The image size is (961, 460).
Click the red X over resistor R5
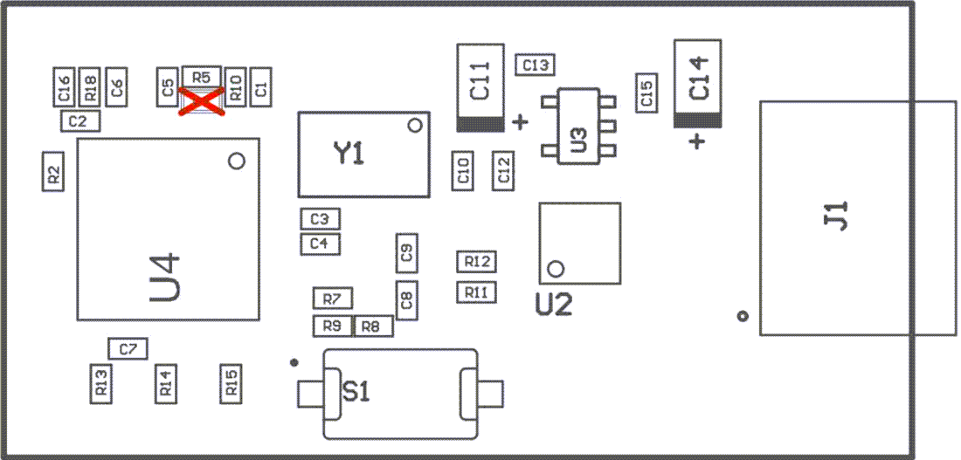pyautogui.click(x=202, y=101)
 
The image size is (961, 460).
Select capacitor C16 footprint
pyautogui.click(x=64, y=87)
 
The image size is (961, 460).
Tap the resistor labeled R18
pyautogui.click(x=89, y=87)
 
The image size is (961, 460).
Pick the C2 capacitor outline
pyautogui.click(x=80, y=120)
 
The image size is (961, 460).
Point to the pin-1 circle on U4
pyautogui.click(x=236, y=161)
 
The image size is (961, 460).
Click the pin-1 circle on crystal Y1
pyautogui.click(x=415, y=127)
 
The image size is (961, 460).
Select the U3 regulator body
pyautogui.click(x=577, y=126)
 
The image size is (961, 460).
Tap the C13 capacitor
pyautogui.click(x=536, y=65)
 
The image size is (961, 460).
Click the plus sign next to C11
pyautogui.click(x=521, y=122)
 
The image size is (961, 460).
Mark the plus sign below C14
pyautogui.click(x=696, y=141)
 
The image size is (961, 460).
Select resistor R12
pyautogui.click(x=477, y=261)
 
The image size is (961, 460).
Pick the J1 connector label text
pyautogui.click(x=836, y=215)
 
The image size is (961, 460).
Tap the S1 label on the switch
pyautogui.click(x=356, y=392)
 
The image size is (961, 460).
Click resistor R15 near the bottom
pyautogui.click(x=232, y=383)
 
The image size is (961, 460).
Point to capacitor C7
pyautogui.click(x=128, y=349)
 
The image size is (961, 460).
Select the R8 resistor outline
pyautogui.click(x=372, y=326)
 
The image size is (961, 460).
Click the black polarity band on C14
pyautogui.click(x=697, y=120)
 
